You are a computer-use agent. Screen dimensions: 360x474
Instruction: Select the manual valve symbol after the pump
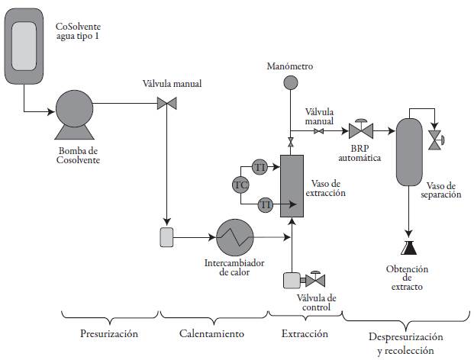pyautogui.click(x=163, y=103)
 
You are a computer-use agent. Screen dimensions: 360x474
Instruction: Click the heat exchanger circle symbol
pyautogui.click(x=235, y=238)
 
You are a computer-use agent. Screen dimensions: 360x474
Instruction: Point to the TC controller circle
pyautogui.click(x=240, y=185)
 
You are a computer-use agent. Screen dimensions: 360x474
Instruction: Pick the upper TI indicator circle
pyautogui.click(x=260, y=166)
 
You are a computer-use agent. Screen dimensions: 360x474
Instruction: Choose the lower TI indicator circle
pyautogui.click(x=266, y=204)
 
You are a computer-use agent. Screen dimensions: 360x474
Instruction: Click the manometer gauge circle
pyautogui.click(x=290, y=82)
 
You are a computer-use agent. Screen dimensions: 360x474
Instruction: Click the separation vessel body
pyautogui.click(x=410, y=151)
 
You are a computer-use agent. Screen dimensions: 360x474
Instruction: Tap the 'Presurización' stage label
pyautogui.click(x=109, y=333)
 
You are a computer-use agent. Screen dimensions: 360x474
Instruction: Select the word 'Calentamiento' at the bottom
pyautogui.click(x=211, y=333)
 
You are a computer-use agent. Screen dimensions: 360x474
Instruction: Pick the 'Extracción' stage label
pyautogui.click(x=304, y=333)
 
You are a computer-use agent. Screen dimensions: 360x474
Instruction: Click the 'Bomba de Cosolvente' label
pyautogui.click(x=79, y=155)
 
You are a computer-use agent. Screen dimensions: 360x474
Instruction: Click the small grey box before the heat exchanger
pyautogui.click(x=166, y=237)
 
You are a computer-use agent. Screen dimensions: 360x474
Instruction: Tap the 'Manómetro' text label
pyautogui.click(x=290, y=66)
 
